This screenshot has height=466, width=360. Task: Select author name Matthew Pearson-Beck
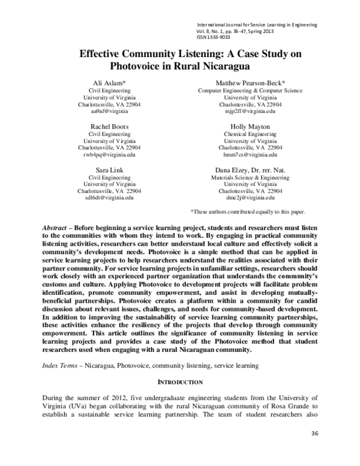pos(250,82)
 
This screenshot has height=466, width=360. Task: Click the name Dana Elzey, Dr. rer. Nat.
pos(250,170)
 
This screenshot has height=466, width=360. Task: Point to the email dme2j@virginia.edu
pos(250,198)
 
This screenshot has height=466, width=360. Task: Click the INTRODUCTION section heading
pos(180,382)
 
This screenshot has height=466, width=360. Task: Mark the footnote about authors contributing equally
pos(248,212)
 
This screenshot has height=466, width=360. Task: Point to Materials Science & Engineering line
pos(250,178)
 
